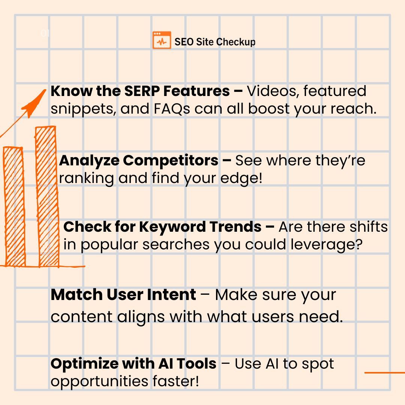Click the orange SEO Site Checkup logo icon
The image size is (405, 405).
162,40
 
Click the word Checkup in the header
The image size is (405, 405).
236,42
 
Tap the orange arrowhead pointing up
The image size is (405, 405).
36,102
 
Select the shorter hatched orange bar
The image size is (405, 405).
14,206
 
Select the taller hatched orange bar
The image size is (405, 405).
47,196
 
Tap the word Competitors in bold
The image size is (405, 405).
171,160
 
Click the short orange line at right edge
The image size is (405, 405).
385,373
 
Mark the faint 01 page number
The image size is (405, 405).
45,34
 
